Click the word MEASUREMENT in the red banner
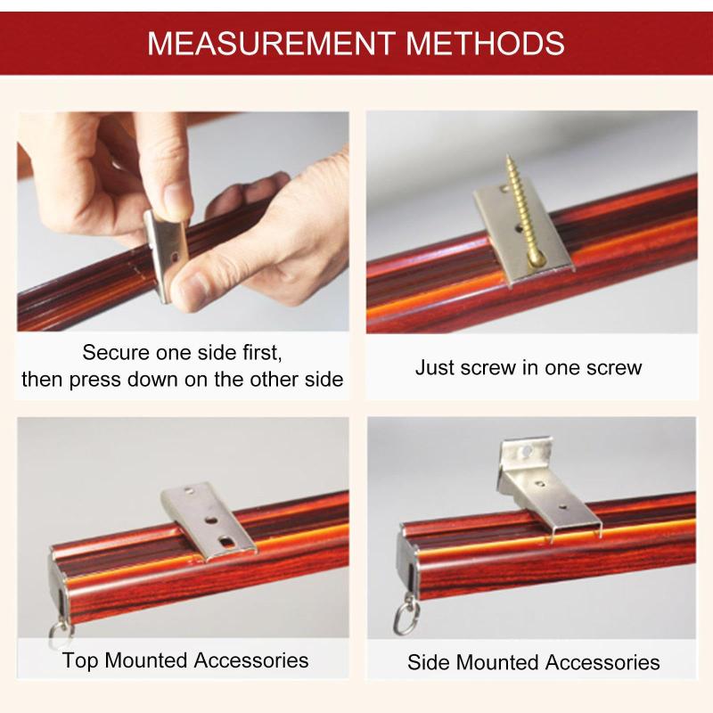[271, 44]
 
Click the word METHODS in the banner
[485, 44]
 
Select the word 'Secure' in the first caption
[116, 352]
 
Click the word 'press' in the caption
[95, 381]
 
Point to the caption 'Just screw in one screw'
[529, 367]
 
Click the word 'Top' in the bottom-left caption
[80, 661]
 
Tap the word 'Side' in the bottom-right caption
[429, 662]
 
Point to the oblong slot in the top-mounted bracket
[226, 541]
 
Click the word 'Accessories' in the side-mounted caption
[602, 662]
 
